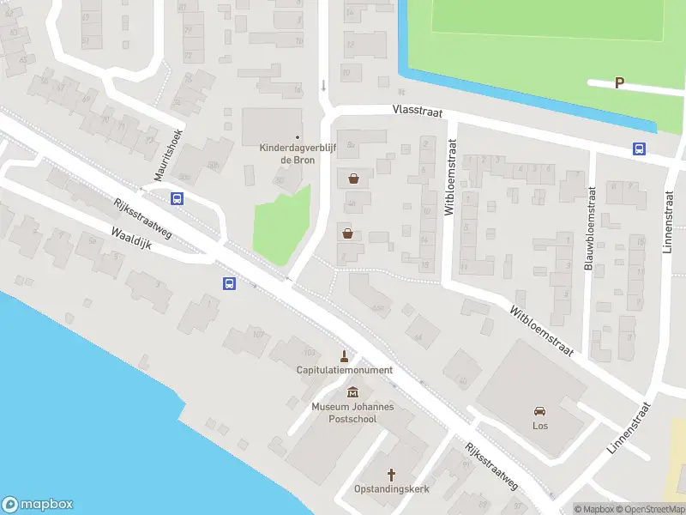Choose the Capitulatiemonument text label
345,370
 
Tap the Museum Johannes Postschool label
352,412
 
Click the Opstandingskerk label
392,488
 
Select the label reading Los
540,426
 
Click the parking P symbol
619,83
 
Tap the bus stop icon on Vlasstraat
640,148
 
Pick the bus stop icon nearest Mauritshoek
178,199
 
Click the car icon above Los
540,410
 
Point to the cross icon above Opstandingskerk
392,474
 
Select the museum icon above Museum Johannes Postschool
352,393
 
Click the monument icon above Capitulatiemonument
345,356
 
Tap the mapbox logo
38,504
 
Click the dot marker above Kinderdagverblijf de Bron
298,137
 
